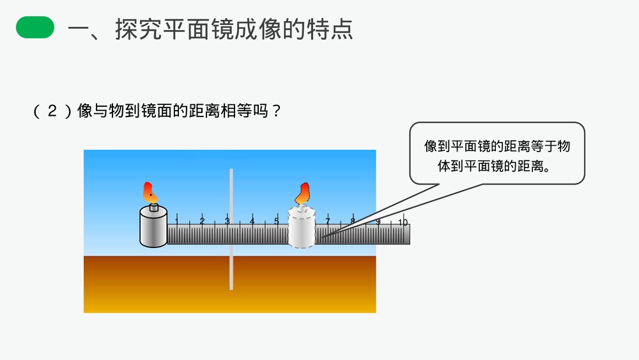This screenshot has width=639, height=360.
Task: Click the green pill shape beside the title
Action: click(35, 28)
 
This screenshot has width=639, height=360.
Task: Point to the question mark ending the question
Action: click(276, 111)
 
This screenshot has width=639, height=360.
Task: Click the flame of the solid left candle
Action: click(150, 191)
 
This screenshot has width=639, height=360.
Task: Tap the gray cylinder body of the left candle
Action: click(153, 227)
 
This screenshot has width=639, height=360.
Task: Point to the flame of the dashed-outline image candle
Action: click(302, 192)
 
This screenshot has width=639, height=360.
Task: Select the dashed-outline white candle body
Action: click(302, 228)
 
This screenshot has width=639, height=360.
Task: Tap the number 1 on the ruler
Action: click(176, 222)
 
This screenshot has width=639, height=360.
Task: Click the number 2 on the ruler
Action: click(202, 222)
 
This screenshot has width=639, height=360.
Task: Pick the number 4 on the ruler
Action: click(252, 222)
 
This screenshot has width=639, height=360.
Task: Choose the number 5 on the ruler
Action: click(277, 222)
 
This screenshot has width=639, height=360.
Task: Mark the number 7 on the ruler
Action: click(327, 222)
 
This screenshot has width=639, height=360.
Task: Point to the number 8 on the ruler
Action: click(352, 222)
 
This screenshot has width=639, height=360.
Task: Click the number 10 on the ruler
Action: click(403, 223)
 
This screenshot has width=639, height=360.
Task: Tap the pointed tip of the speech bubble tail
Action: click(318, 239)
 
